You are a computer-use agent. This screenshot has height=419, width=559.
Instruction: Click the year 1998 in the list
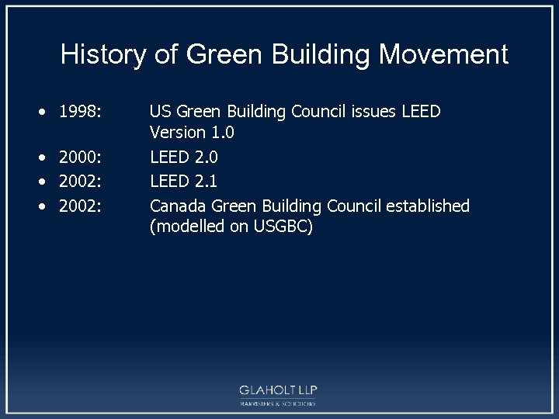tap(80, 112)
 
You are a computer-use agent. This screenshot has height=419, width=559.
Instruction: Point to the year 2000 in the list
tap(80, 158)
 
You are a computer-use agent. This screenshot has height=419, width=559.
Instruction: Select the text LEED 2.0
tap(184, 158)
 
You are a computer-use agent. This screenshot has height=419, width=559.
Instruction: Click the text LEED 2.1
tap(184, 182)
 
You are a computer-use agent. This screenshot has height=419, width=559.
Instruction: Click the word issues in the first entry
tap(377, 112)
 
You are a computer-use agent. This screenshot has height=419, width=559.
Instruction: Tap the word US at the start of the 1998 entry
tap(160, 112)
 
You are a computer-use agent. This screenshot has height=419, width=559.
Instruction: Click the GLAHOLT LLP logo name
tap(279, 390)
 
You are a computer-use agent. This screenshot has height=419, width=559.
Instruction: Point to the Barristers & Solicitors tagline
tap(279, 404)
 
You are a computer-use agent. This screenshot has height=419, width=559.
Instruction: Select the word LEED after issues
tap(421, 112)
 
